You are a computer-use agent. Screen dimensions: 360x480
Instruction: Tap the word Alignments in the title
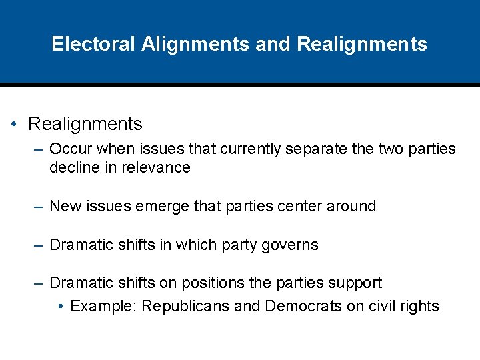tap(195, 44)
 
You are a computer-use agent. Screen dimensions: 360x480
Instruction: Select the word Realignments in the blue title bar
tap(362, 44)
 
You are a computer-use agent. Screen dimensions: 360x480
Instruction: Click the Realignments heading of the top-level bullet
tap(85, 124)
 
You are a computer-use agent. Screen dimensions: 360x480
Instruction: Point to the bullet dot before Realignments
tap(14, 125)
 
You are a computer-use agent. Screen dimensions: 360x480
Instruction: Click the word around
tap(351, 206)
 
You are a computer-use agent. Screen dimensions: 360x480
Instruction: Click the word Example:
tap(103, 306)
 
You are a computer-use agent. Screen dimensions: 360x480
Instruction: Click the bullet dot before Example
tap(61, 307)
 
